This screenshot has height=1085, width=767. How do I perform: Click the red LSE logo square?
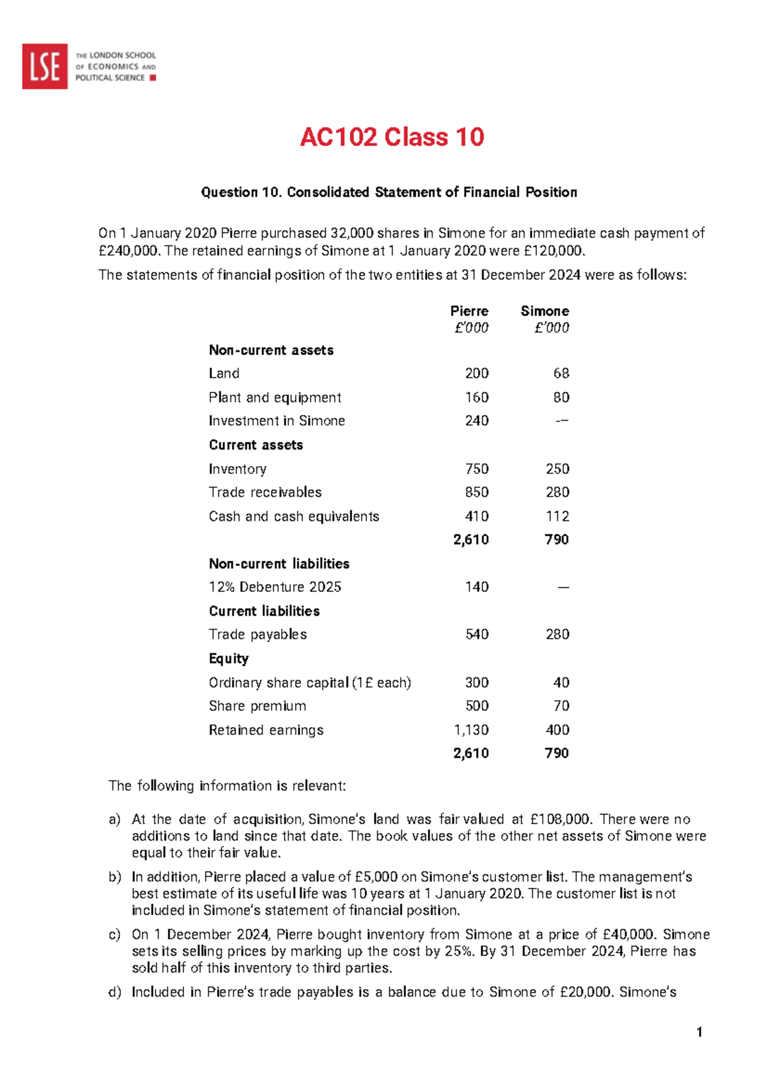[45, 66]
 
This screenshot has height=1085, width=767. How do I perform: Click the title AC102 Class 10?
[392, 137]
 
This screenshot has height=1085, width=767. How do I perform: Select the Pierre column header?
[469, 311]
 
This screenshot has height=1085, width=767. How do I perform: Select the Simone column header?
[545, 311]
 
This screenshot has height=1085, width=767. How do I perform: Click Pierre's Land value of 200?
[477, 373]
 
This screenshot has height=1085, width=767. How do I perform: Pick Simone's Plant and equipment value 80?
[561, 398]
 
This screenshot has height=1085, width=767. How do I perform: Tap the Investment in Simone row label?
[277, 421]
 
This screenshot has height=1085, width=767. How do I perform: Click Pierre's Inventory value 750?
[477, 469]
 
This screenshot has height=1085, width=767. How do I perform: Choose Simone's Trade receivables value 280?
[557, 492]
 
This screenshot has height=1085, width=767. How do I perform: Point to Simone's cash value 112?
[557, 517]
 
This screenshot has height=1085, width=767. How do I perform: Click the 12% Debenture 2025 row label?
[275, 587]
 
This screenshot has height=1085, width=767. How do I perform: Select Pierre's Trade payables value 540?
[477, 634]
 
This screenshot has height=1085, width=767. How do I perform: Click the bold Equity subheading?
[229, 659]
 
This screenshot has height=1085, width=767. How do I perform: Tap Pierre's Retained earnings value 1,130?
[471, 730]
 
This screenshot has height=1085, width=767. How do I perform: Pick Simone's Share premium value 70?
[561, 706]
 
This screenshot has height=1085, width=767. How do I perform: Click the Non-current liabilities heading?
[279, 564]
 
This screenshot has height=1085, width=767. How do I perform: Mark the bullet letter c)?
[114, 935]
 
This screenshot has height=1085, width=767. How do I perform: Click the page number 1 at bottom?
[700, 1032]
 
